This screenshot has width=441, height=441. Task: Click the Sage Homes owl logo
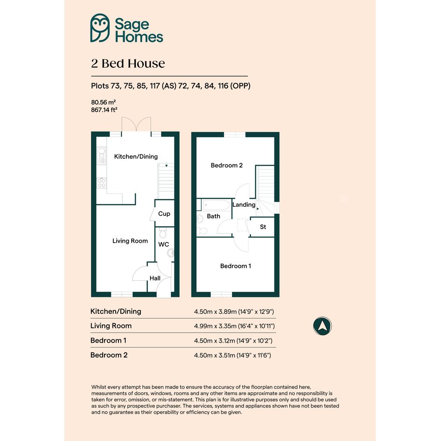100,28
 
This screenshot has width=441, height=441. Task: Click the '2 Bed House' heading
128,63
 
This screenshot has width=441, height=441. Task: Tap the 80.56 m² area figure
103,102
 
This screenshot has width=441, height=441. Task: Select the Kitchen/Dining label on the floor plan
136,156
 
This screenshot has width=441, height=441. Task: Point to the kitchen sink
101,156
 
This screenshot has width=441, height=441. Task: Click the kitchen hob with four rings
102,183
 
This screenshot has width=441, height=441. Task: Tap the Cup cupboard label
164,214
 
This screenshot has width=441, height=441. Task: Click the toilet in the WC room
163,233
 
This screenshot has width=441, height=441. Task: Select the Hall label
155,278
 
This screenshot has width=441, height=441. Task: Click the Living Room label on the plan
130,241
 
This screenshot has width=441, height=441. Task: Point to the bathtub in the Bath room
216,205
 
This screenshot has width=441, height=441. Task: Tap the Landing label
244,205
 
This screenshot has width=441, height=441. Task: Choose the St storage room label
263,227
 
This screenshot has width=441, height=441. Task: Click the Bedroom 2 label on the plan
227,165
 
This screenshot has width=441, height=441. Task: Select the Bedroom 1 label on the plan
236,266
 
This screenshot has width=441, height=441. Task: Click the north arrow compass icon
322,326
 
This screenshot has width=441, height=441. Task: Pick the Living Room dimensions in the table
234,326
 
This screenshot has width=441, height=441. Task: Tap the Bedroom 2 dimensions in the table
232,355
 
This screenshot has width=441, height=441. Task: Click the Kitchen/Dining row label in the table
116,311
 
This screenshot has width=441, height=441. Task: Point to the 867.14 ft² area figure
104,110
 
